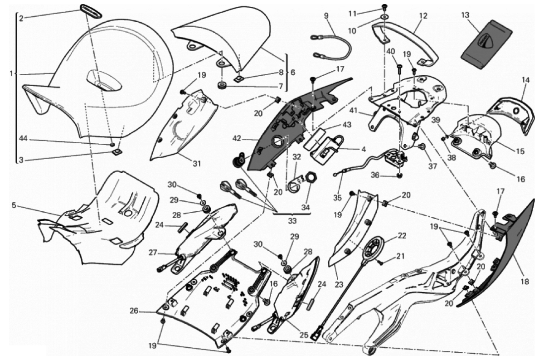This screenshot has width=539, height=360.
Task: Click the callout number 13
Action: [x=465, y=15]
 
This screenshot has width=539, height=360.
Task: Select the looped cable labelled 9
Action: [x=330, y=45]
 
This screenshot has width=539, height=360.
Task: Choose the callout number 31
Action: [x=196, y=164]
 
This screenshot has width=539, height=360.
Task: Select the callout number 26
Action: [x=134, y=311]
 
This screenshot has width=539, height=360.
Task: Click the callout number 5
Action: [x=14, y=205]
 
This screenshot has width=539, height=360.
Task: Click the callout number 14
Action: [x=525, y=80]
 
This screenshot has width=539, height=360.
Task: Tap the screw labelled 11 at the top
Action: [x=384, y=7]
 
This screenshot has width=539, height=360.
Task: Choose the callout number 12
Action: [x=423, y=16]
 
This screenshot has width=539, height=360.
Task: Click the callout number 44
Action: [x=24, y=139]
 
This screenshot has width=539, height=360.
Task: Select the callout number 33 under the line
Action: [x=292, y=221]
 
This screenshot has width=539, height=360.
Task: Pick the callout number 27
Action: [x=152, y=253]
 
